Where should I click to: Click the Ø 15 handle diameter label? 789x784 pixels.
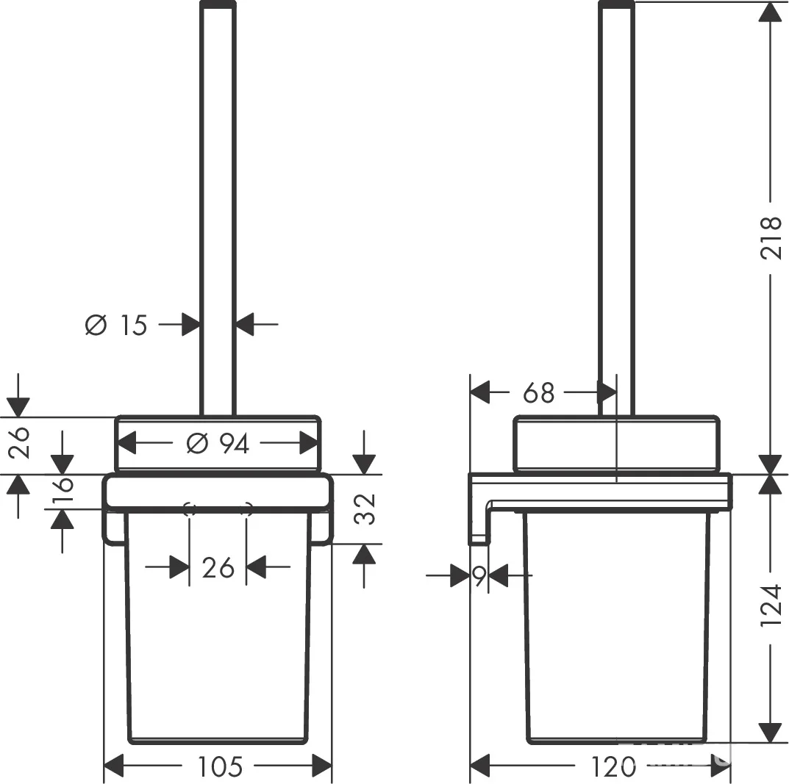click(x=116, y=325)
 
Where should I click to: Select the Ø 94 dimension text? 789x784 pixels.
click(x=218, y=444)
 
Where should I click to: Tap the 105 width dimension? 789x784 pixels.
click(x=220, y=766)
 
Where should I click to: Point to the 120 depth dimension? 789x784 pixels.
click(x=613, y=767)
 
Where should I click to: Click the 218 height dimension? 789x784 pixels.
click(x=771, y=237)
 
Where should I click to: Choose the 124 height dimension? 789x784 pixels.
click(x=771, y=605)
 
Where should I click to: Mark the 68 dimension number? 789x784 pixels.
click(x=538, y=393)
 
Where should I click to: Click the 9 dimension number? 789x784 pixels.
click(x=479, y=575)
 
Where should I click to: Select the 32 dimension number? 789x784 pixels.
click(x=365, y=509)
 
